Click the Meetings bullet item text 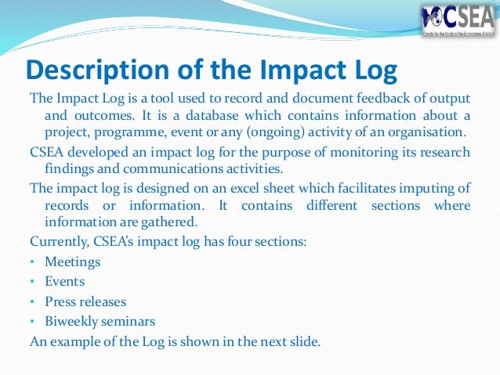pos(73,261)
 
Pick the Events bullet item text pos(64,281)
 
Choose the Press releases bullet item pos(85,301)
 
